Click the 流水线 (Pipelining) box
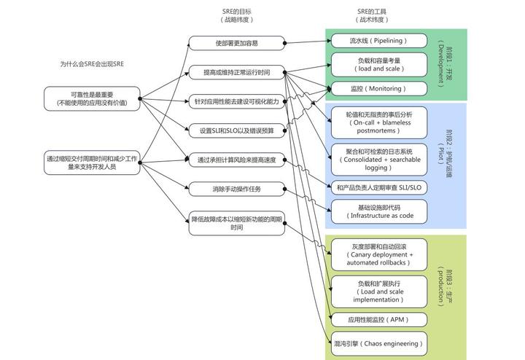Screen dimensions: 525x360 click(x=379, y=41)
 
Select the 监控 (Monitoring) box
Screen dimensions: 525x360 click(x=379, y=89)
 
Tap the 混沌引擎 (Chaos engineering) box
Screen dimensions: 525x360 click(x=379, y=344)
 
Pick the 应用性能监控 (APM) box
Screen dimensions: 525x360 click(x=379, y=320)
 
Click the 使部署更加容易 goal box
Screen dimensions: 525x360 click(x=237, y=43)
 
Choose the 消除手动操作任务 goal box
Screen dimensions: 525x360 click(x=237, y=189)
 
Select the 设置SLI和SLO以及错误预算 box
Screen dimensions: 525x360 click(x=237, y=130)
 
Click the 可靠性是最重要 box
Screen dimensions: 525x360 click(x=92, y=98)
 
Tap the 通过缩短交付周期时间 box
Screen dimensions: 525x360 click(x=92, y=163)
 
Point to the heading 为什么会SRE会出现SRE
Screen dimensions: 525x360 click(x=92, y=64)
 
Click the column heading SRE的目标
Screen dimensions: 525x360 click(x=237, y=12)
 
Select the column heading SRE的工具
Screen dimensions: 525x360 click(x=372, y=12)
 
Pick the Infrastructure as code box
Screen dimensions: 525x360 click(x=379, y=212)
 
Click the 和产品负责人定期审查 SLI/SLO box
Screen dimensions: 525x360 click(x=379, y=188)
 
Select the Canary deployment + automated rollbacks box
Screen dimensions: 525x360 click(x=379, y=254)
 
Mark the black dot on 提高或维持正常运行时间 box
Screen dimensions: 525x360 click(x=284, y=72)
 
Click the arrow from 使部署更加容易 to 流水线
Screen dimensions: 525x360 click(x=308, y=42)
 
